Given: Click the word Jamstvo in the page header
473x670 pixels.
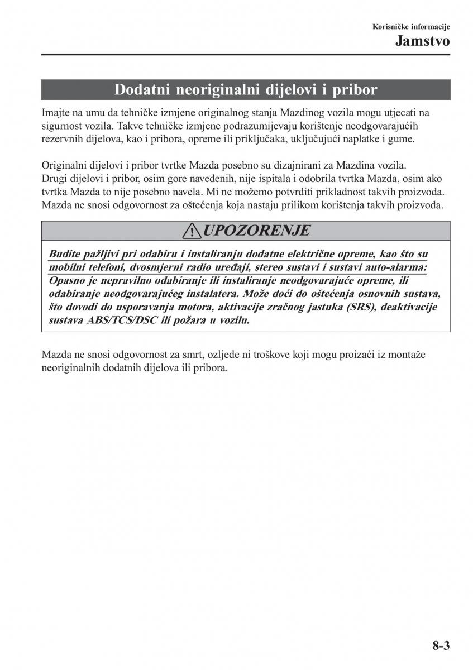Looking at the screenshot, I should (x=423, y=40).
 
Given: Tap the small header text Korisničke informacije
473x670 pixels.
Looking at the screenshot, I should (x=411, y=27).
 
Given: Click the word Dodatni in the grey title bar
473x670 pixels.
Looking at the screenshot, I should (x=142, y=89).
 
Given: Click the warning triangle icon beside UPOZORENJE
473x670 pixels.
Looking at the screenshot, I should (x=194, y=231).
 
